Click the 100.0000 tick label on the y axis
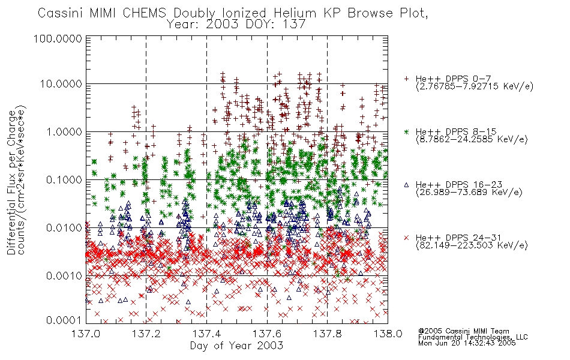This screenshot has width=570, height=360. (58, 38)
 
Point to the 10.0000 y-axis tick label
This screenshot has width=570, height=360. (61, 84)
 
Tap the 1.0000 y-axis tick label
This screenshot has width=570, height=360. (64, 131)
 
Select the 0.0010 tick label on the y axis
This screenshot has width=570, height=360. (64, 276)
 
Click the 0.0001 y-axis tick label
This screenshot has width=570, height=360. (64, 320)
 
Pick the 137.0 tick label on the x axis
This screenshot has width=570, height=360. (86, 334)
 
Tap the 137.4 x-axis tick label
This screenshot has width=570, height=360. (206, 334)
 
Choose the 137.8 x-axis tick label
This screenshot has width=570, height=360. (327, 334)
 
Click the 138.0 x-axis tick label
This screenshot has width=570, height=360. (388, 334)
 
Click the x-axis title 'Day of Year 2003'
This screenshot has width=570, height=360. (236, 346)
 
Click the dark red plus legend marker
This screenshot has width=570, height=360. (406, 79)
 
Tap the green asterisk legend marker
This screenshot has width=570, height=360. (406, 131)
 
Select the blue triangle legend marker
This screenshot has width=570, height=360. (406, 185)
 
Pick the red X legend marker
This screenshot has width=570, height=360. (406, 238)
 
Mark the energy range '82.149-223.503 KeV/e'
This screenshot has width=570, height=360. (472, 245)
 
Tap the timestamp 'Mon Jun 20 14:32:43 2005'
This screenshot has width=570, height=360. (467, 343)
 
